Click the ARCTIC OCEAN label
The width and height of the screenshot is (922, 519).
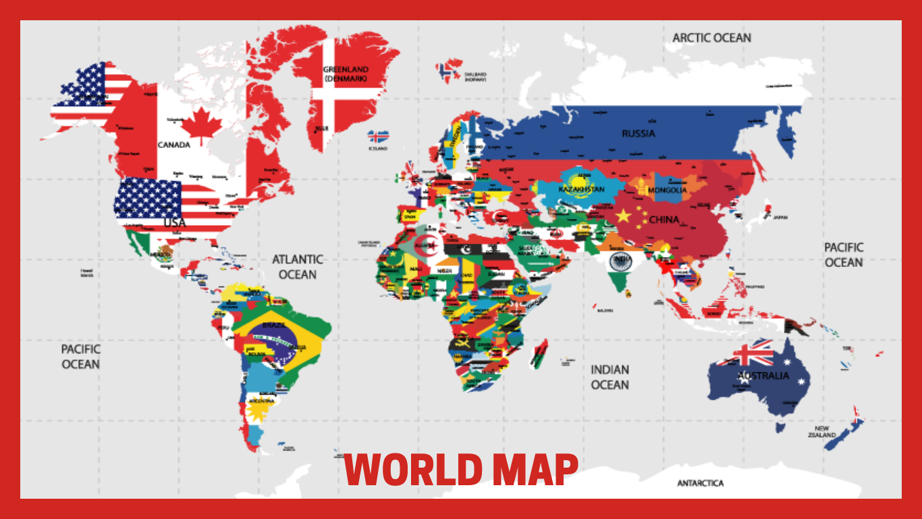[x=711, y=38]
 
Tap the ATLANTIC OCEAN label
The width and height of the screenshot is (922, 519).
[x=298, y=267]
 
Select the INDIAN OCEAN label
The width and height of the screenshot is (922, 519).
[x=610, y=377]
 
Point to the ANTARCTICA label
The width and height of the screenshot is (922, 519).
[x=700, y=483]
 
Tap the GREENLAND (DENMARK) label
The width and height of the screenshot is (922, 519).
[x=346, y=74]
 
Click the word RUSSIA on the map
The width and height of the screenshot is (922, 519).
[x=638, y=133]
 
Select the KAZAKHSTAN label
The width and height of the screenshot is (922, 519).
[x=581, y=189]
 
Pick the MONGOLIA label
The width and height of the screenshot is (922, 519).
[x=667, y=190]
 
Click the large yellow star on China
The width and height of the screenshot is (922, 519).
[x=623, y=216]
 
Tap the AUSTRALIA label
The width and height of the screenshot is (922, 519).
[x=763, y=376]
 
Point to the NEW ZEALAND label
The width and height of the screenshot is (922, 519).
[x=821, y=432]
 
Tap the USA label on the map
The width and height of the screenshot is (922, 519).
[x=174, y=222]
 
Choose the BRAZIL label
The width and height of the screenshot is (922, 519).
[x=273, y=325]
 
